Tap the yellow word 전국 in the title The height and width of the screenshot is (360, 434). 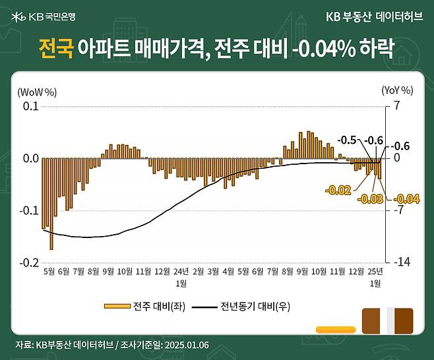pos(55,48)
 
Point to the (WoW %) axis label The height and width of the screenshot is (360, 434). pos(37,91)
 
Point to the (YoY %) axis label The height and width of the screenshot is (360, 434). pos(396,91)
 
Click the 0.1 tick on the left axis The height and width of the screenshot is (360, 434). pos(30,107)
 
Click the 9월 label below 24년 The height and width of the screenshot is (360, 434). pos(303,271)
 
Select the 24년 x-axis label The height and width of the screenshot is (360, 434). pos(180,271)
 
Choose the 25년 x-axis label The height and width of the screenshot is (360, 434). pos(375,271)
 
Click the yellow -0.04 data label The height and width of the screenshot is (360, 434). pos(406,199)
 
